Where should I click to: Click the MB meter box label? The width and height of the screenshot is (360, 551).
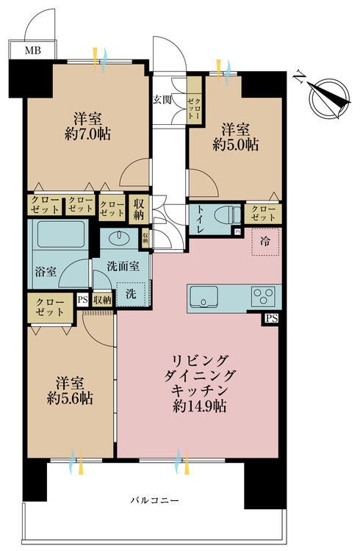(x=32, y=51)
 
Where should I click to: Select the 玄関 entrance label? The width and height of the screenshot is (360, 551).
(x=163, y=100)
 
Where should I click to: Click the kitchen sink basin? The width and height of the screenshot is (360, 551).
(x=204, y=298)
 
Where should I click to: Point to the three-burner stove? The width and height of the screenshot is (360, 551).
(x=263, y=297)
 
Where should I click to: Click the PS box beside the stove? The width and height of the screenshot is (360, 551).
(x=273, y=318)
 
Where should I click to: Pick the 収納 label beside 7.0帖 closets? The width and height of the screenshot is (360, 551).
(x=137, y=207)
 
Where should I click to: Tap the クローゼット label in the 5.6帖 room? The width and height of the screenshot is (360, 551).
(x=51, y=308)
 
